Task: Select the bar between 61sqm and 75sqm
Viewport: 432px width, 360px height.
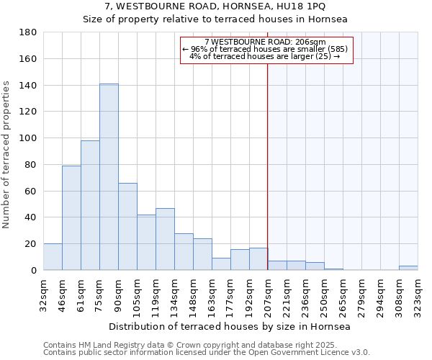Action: point(90,205)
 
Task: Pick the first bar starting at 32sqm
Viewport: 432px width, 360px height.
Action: point(53,257)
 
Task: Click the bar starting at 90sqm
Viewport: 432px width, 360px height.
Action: point(127,227)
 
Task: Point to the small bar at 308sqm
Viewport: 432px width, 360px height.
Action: point(408,268)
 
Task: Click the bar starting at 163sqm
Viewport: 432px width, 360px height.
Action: point(221,264)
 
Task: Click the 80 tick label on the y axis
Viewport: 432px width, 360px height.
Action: point(30,165)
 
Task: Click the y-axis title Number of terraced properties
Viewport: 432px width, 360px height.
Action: point(7,155)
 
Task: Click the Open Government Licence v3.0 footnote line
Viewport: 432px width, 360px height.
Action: point(207,352)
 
